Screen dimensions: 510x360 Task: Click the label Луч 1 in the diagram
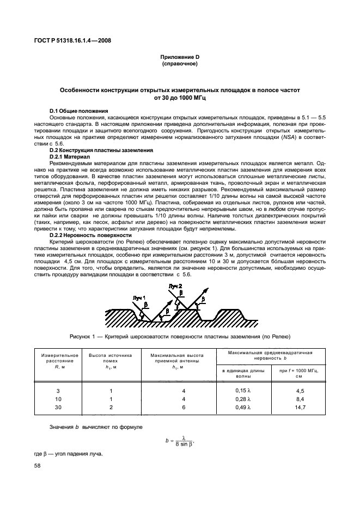point(139,297)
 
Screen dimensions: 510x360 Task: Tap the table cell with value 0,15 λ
point(242,391)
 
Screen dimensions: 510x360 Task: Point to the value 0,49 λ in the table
point(242,407)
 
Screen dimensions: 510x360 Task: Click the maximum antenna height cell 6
point(169,407)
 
